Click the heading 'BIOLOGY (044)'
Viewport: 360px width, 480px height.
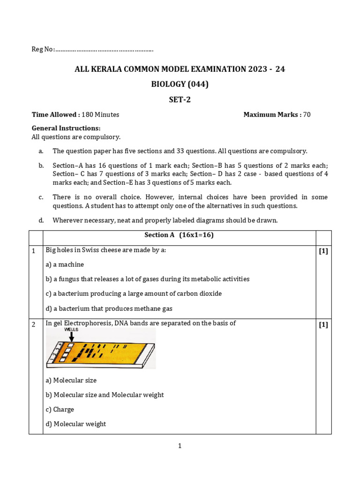(x=180, y=84)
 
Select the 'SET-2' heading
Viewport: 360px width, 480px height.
(x=180, y=99)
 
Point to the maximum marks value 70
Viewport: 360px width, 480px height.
(x=307, y=114)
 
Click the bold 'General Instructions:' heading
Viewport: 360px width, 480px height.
(x=66, y=128)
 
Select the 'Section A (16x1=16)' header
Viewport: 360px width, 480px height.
(x=180, y=235)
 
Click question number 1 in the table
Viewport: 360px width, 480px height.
(x=34, y=251)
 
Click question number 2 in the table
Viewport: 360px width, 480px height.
(x=34, y=324)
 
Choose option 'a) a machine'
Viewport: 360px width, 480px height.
(x=65, y=264)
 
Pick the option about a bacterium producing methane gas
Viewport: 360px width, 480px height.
(x=109, y=308)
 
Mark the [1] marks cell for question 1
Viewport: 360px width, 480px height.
(x=323, y=251)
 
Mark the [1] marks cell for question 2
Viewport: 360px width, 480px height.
(x=323, y=324)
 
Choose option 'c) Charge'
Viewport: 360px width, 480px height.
(x=60, y=409)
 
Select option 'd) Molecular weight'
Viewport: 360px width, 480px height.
(x=76, y=424)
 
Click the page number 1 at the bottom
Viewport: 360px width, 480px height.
(x=180, y=446)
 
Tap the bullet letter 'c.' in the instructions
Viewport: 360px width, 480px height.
(x=41, y=197)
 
